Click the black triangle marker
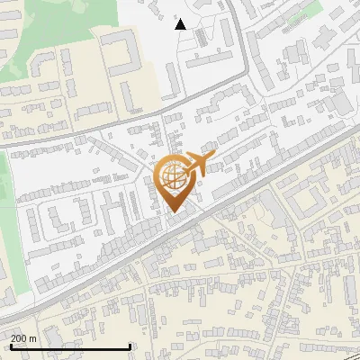[x=181, y=24]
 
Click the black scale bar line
[x=70, y=347]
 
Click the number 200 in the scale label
[x=20, y=338]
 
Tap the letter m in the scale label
[x=33, y=338]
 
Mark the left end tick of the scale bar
[x=10, y=346]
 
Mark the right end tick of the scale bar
[x=130, y=346]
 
